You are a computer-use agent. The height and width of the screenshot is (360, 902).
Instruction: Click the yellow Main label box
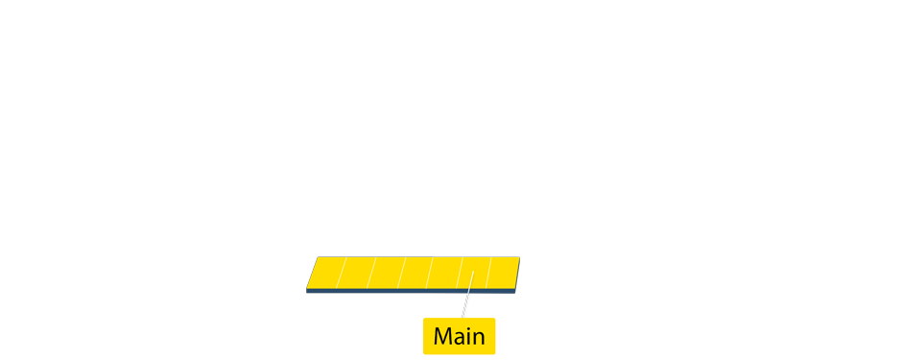point(459,336)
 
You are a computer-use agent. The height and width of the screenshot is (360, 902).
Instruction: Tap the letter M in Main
point(443,337)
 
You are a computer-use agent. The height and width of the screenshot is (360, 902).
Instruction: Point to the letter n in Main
point(478,338)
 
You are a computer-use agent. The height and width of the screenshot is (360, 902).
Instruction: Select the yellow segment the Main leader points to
point(474,273)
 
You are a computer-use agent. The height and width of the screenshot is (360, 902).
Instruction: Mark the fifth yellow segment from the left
point(444,273)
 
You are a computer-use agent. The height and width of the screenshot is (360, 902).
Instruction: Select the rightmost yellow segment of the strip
point(503,273)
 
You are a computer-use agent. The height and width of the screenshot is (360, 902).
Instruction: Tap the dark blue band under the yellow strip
point(413,291)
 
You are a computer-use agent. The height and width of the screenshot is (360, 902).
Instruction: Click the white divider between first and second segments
point(341,273)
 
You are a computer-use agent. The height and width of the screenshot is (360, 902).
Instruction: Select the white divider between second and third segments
point(370,273)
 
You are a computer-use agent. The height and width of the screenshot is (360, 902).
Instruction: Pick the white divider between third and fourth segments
point(400,273)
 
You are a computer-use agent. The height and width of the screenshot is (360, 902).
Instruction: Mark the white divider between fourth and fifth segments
point(430,273)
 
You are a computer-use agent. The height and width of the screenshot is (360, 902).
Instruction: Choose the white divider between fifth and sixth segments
point(460,273)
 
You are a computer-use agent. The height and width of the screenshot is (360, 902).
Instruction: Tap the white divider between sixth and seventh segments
point(489,273)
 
